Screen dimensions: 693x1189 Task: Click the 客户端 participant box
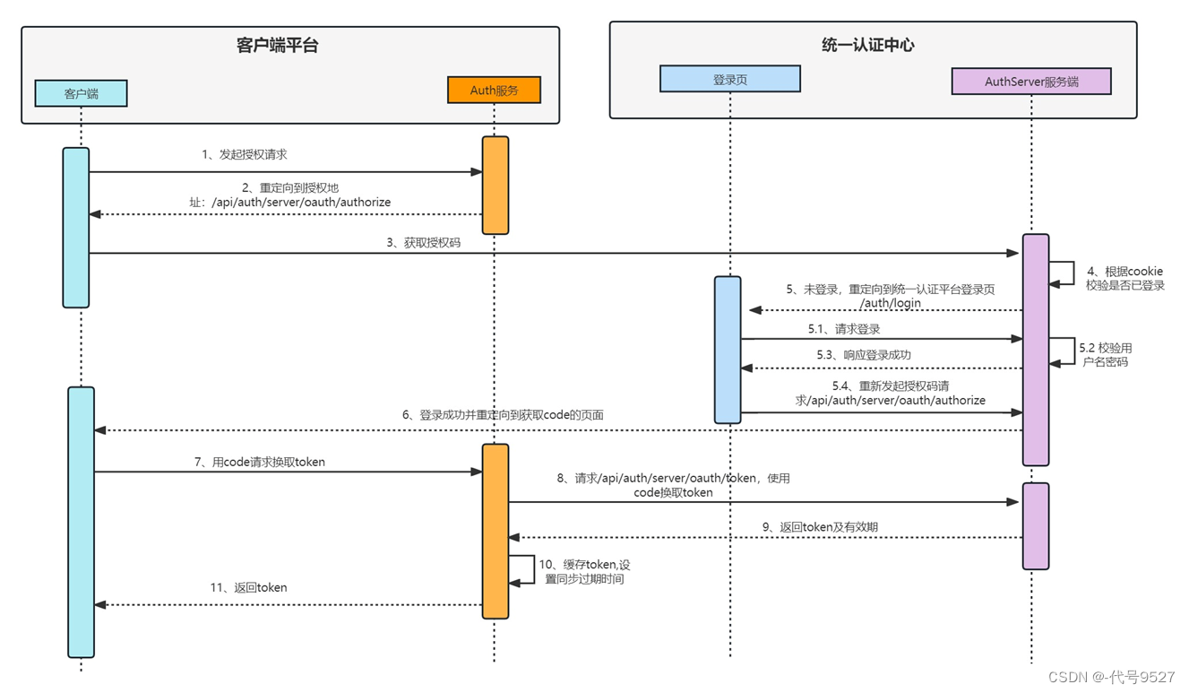pyautogui.click(x=81, y=93)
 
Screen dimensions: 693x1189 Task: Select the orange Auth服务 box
pyautogui.click(x=494, y=91)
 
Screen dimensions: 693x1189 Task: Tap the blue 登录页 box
pyautogui.click(x=729, y=79)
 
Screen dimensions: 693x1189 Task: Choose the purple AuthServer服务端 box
pyautogui.click(x=1030, y=82)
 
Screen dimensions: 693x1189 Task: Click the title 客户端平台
pyautogui.click(x=277, y=46)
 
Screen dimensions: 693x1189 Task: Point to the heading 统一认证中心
pyautogui.click(x=867, y=45)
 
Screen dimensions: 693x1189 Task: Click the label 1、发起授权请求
pyautogui.click(x=244, y=154)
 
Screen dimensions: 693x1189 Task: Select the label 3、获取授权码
pyautogui.click(x=424, y=242)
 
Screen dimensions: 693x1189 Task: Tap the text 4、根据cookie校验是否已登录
pyautogui.click(x=1124, y=278)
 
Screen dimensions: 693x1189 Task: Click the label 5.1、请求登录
pyautogui.click(x=843, y=329)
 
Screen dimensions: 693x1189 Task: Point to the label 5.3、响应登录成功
pyautogui.click(x=863, y=355)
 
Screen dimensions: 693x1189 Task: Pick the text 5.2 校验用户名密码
pyautogui.click(x=1105, y=354)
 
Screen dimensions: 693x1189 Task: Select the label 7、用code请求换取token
pyautogui.click(x=259, y=462)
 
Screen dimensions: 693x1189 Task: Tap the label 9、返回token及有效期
pyautogui.click(x=819, y=527)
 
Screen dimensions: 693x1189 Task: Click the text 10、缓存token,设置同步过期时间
pyautogui.click(x=584, y=572)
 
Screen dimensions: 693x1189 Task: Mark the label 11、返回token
pyautogui.click(x=248, y=587)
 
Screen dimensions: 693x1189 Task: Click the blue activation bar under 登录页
pyautogui.click(x=728, y=350)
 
